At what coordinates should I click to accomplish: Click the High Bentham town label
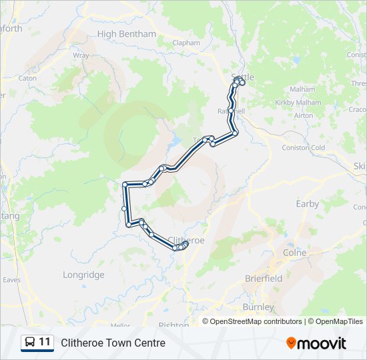(127, 34)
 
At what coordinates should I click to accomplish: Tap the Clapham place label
(186, 43)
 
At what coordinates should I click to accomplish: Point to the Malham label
(302, 89)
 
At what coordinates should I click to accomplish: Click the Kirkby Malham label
(298, 103)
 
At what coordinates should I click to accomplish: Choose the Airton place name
(304, 115)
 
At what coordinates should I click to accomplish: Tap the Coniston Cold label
(304, 147)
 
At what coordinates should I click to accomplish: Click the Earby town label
(308, 204)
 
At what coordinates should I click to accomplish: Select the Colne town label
(294, 253)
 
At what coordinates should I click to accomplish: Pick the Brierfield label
(264, 278)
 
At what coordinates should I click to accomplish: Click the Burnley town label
(258, 307)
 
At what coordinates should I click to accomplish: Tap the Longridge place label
(83, 275)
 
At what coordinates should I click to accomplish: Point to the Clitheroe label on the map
(186, 239)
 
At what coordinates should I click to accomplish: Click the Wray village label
(81, 56)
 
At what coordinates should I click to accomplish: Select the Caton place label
(27, 78)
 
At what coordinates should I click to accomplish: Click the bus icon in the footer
(30, 343)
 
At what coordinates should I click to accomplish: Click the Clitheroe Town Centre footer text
(113, 343)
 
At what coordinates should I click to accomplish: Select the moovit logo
(316, 343)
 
